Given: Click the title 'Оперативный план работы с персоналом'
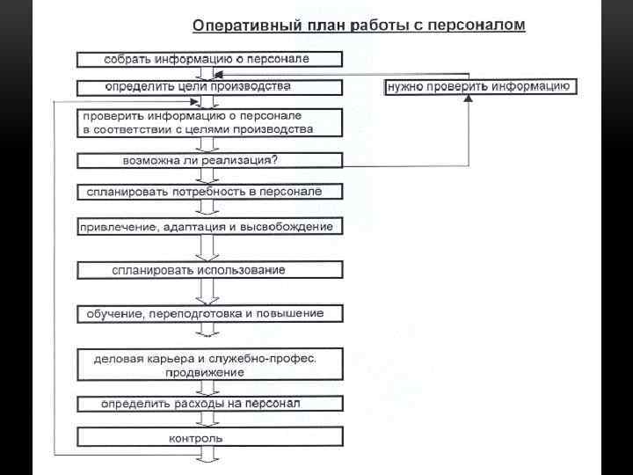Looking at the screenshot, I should click(x=359, y=26).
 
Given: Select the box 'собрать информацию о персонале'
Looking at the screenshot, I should click(x=209, y=60).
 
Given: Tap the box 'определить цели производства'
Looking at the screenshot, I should click(x=209, y=87).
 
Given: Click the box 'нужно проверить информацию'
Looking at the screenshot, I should click(x=480, y=87).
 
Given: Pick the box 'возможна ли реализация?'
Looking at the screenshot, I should click(x=209, y=161).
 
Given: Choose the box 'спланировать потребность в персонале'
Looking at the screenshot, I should click(x=209, y=192).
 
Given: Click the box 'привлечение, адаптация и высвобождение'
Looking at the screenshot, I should click(x=209, y=227).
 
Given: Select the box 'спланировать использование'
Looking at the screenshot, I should click(x=209, y=270).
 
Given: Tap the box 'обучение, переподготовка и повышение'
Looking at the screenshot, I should click(x=209, y=313).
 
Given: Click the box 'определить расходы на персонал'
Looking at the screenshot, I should click(x=209, y=404).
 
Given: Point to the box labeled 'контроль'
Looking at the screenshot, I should click(x=209, y=437).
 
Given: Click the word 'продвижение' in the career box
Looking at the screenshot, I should click(x=204, y=372).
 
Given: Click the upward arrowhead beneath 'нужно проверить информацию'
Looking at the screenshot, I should click(x=469, y=100).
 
